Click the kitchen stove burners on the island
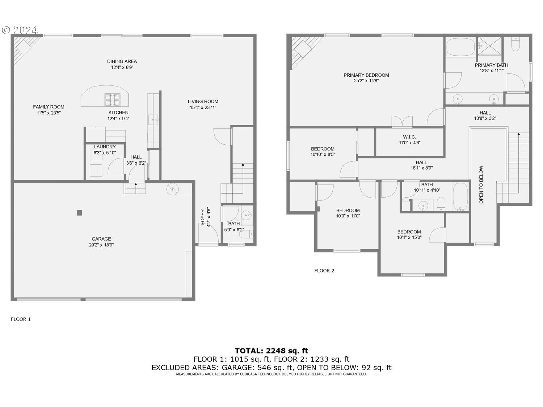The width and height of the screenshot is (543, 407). (112, 97)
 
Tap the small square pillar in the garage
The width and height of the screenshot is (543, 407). (79, 213)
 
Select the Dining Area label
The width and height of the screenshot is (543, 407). (122, 61)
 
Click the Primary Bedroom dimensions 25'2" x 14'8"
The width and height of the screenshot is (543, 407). (366, 81)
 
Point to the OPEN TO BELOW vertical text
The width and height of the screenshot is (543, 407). (481, 185)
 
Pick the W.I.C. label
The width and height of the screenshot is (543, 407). (409, 137)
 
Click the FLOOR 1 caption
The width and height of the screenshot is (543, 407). (21, 319)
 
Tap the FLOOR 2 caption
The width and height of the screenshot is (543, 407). (324, 271)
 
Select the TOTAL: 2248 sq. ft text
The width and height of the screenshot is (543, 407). (271, 351)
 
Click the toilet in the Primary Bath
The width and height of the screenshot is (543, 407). (515, 44)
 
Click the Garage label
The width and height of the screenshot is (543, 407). (101, 239)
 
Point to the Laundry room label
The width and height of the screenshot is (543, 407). (105, 147)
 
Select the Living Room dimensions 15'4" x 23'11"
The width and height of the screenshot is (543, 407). (203, 107)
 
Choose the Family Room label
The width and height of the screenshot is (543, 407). (49, 107)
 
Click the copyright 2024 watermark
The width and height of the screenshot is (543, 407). (20, 30)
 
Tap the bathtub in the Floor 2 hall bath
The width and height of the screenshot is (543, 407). (460, 197)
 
